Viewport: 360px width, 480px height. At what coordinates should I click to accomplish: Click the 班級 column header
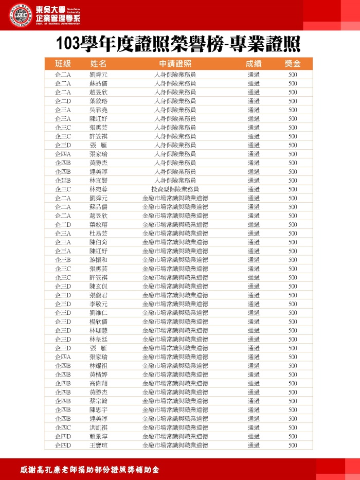tap(62, 64)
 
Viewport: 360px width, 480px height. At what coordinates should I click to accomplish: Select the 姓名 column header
tap(98, 64)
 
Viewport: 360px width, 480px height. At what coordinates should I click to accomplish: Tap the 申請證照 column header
tap(175, 64)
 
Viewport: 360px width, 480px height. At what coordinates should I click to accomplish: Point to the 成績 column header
tap(254, 64)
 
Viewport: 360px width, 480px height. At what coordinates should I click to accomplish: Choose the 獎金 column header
tap(293, 64)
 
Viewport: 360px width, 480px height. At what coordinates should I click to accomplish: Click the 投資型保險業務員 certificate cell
tap(175, 189)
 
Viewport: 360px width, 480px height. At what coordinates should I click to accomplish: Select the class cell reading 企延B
tap(62, 181)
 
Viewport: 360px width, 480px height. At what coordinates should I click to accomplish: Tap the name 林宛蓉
tap(98, 189)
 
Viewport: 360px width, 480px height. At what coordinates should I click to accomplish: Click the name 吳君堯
tap(98, 110)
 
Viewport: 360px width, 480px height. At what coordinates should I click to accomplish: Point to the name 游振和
tap(98, 260)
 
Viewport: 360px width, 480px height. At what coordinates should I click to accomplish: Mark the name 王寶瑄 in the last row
tap(98, 445)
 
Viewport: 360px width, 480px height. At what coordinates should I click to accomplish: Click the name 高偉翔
tap(98, 383)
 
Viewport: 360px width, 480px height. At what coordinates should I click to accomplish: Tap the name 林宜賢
tap(98, 181)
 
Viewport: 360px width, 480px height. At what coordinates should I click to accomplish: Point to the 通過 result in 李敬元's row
tap(254, 304)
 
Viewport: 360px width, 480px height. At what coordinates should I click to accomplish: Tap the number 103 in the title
tap(70, 43)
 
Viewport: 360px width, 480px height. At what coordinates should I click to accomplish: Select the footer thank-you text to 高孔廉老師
tap(89, 470)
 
